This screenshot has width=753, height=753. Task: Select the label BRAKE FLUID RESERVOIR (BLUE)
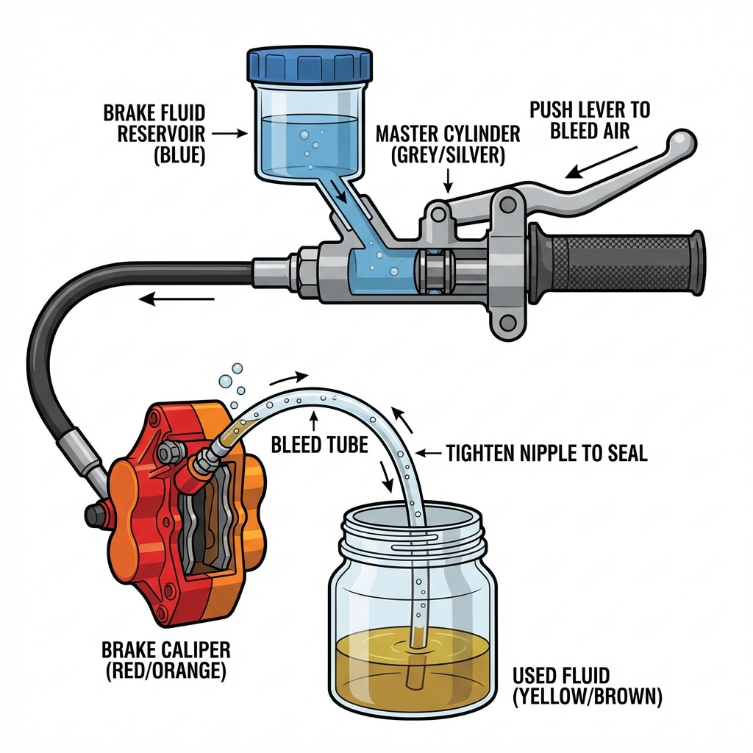pyautogui.click(x=154, y=134)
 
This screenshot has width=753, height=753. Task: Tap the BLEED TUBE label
pyautogui.click(x=319, y=445)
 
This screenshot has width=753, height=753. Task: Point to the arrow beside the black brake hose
pyautogui.click(x=176, y=299)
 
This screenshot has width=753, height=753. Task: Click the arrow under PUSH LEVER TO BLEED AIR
pyautogui.click(x=599, y=163)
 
